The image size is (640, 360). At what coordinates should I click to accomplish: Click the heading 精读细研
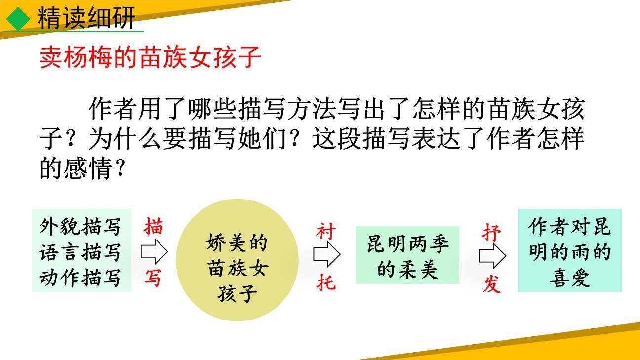(x=86, y=19)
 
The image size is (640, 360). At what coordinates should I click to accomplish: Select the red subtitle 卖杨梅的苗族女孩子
(x=150, y=58)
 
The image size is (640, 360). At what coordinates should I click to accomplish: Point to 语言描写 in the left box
(x=80, y=252)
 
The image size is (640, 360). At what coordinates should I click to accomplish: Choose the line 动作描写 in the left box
(x=80, y=277)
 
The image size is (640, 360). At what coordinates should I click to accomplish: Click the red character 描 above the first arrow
(x=154, y=227)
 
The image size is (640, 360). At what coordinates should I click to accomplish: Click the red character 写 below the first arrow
(x=153, y=278)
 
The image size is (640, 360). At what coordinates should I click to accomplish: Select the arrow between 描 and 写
(x=154, y=252)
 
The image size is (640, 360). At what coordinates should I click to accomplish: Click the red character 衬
(x=326, y=231)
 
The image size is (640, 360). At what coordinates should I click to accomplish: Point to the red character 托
(x=326, y=282)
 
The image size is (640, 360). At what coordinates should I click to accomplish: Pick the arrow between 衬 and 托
(x=326, y=255)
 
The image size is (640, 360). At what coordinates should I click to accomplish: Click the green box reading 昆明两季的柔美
(x=407, y=255)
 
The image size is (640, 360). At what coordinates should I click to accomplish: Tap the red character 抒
(x=492, y=232)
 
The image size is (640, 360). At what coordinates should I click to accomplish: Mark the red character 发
(x=492, y=284)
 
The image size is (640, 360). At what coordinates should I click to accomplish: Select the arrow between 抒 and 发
(x=492, y=256)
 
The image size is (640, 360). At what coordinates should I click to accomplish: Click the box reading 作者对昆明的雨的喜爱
(x=569, y=251)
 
